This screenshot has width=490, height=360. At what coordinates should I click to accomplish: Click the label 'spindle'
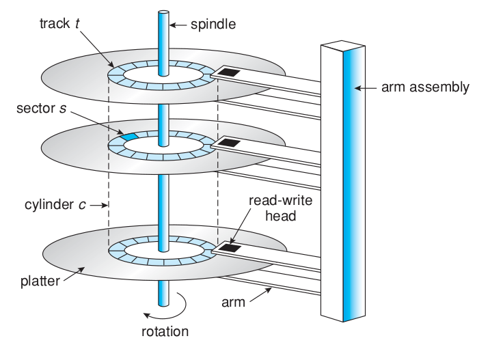212,25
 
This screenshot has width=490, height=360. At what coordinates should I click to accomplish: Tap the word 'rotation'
164,333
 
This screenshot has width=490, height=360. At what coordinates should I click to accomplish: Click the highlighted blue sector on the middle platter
129,137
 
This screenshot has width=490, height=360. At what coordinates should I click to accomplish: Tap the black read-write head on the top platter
228,71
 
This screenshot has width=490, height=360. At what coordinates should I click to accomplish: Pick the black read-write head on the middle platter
228,143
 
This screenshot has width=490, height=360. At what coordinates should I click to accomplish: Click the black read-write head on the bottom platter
228,248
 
